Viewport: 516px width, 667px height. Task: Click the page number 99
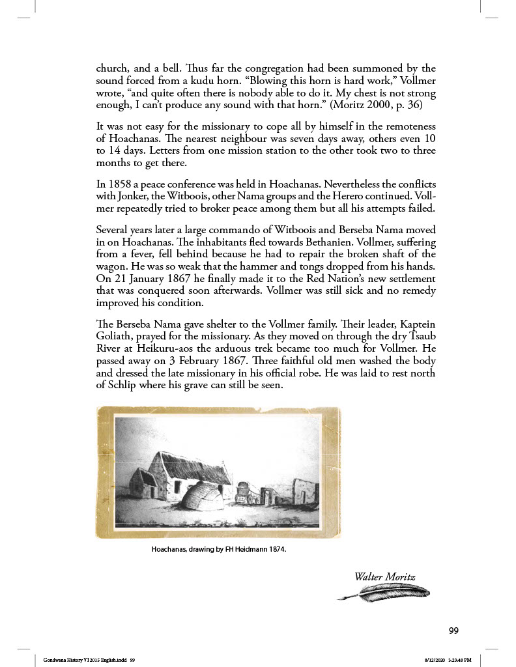[454, 630]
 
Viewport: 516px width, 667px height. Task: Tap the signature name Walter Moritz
[384, 576]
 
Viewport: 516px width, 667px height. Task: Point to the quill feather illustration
[384, 592]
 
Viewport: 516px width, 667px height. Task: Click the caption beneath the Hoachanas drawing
[219, 549]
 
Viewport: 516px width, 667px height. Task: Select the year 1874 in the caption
[276, 549]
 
